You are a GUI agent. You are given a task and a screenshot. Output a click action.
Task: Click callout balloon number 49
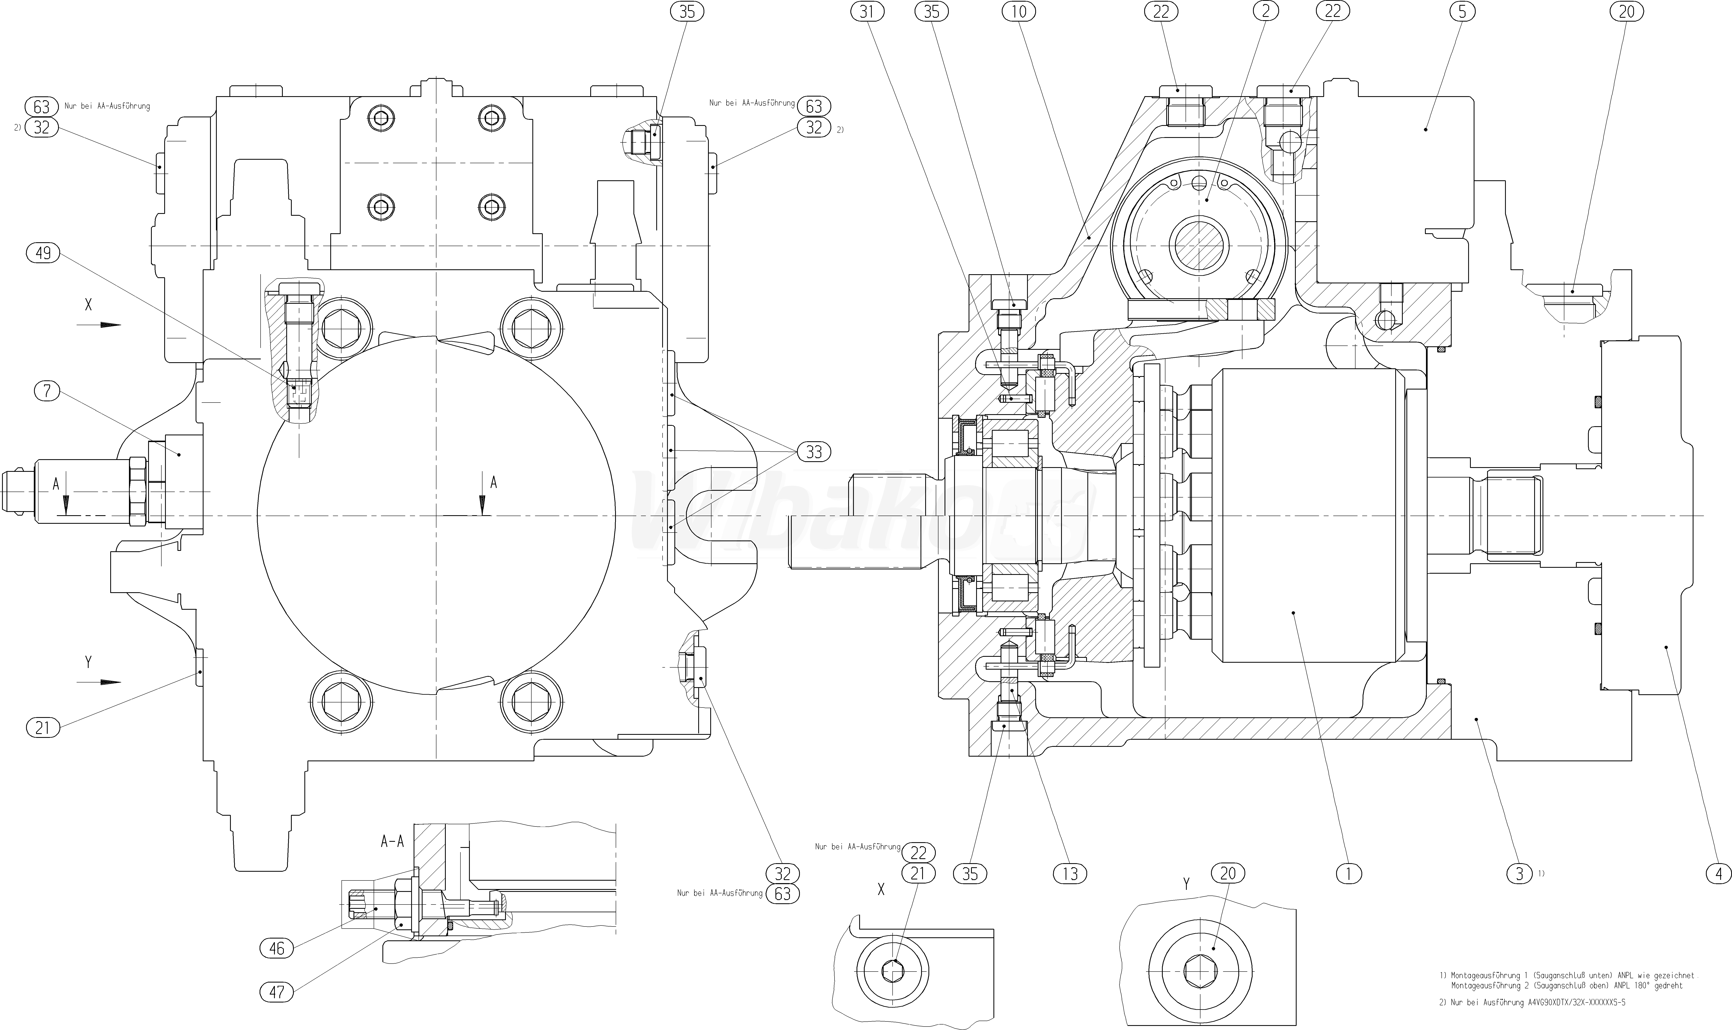pyautogui.click(x=43, y=253)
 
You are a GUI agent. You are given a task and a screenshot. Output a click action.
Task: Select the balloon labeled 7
pyautogui.click(x=47, y=391)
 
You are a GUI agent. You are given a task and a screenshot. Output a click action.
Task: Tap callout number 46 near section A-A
pyautogui.click(x=276, y=948)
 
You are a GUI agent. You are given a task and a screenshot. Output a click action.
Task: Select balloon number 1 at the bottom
pyautogui.click(x=1348, y=874)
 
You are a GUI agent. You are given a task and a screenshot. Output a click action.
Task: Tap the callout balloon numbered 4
pyautogui.click(x=1719, y=874)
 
